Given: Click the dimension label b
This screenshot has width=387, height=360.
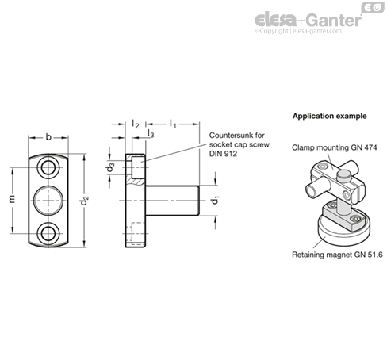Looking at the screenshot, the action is [48, 137].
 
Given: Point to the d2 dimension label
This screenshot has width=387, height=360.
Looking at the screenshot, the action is [84, 201].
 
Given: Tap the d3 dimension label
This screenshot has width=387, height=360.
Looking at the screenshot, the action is [110, 167].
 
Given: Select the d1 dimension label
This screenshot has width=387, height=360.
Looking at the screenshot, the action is [215, 201].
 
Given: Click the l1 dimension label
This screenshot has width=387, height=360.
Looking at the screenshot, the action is [173, 124].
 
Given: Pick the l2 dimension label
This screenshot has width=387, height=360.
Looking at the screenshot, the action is [136, 124].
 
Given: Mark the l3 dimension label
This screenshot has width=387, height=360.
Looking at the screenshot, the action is [151, 133].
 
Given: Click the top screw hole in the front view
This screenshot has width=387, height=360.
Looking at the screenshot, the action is [48, 167].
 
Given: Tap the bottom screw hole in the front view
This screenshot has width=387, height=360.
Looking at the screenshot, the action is [48, 233].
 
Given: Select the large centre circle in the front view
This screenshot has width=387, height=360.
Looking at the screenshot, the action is [48, 201].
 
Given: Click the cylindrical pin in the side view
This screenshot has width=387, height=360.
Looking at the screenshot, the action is [172, 201].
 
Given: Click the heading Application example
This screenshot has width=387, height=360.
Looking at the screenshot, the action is [329, 116].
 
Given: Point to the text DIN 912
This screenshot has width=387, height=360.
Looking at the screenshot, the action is [223, 154].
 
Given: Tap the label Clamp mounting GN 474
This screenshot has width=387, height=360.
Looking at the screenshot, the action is [335, 147].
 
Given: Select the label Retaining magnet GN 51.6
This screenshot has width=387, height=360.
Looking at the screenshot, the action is [337, 255].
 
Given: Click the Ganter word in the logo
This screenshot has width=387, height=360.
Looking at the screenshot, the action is [334, 20].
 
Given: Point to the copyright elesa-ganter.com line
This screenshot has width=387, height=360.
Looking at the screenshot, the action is [298, 31].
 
